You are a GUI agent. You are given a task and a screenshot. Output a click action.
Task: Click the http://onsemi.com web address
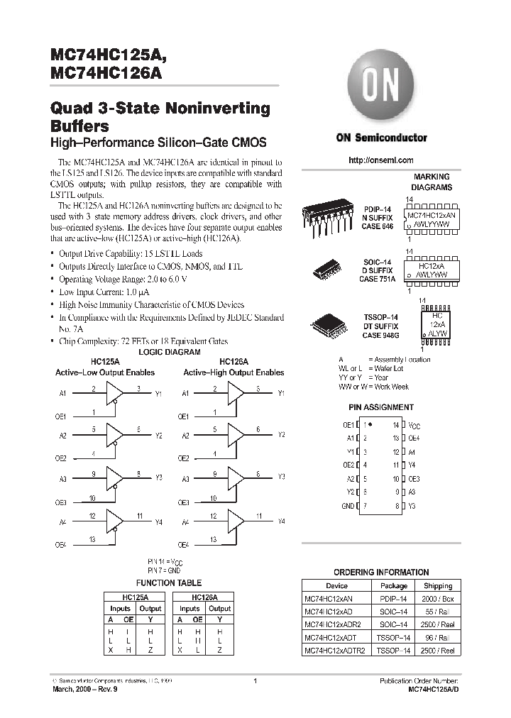click(381, 160)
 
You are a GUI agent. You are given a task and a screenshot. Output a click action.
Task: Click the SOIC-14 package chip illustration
click(326, 270)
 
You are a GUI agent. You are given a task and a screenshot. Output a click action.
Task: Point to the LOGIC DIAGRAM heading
click(169, 352)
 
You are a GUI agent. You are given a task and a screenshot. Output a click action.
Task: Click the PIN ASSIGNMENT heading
click(380, 407)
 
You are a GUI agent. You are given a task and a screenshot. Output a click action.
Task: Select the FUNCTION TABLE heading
click(169, 582)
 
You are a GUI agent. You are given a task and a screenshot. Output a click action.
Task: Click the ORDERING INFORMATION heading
click(381, 572)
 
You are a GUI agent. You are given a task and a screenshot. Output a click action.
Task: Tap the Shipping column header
click(438, 586)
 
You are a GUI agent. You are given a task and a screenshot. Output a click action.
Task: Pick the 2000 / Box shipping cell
click(438, 599)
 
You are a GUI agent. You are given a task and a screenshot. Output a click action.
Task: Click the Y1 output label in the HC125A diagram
click(158, 392)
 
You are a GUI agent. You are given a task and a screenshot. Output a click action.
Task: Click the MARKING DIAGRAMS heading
click(432, 182)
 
